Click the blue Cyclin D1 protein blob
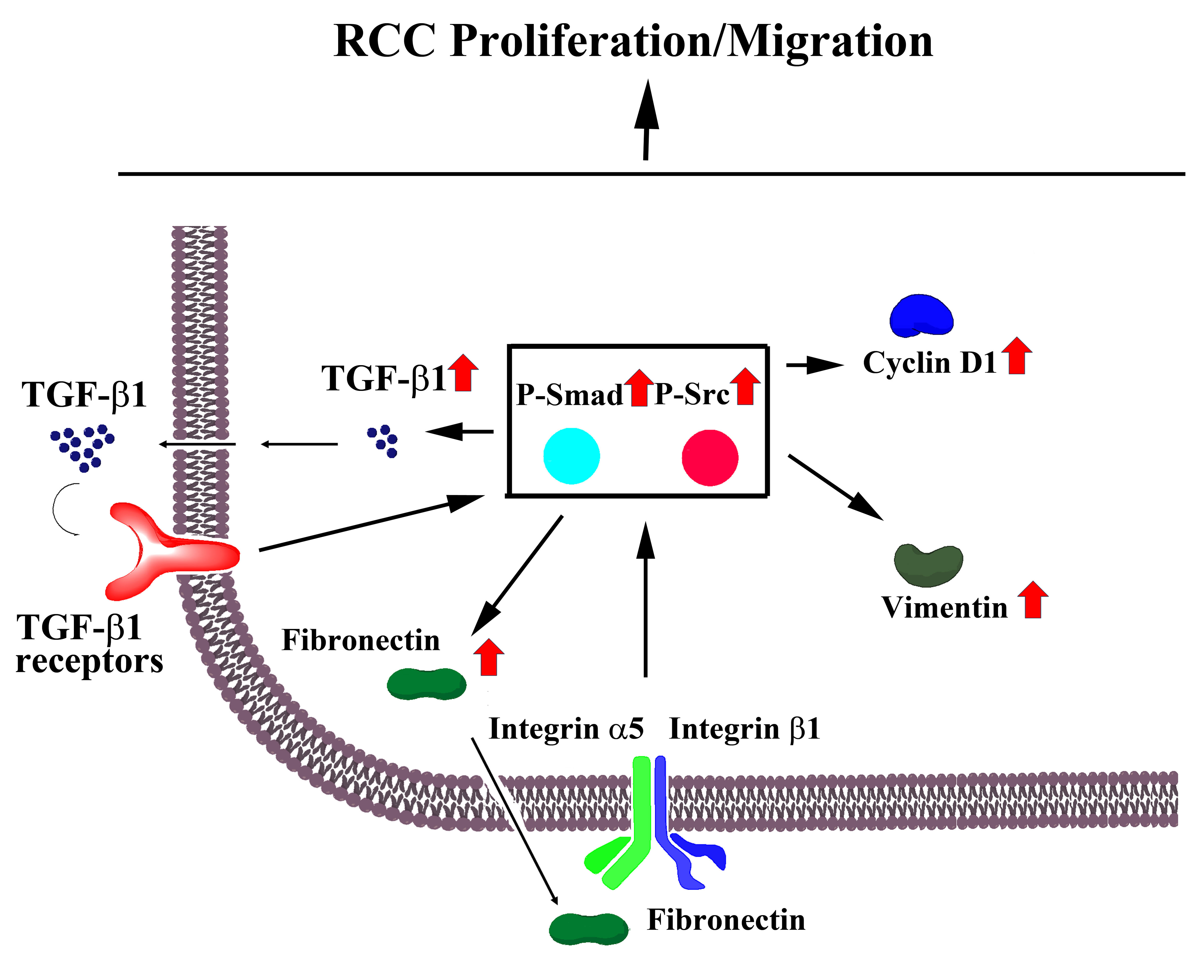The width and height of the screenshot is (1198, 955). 921,317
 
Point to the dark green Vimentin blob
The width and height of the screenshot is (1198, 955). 928,566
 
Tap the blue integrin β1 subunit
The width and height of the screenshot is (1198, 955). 675,833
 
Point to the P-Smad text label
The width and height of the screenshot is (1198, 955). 570,395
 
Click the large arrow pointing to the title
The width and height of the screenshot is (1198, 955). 646,120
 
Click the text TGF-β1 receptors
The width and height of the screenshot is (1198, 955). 89,644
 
